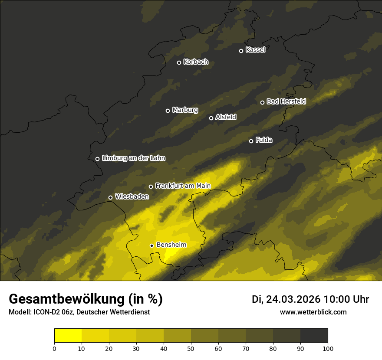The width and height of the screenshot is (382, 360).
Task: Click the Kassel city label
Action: coord(255,50)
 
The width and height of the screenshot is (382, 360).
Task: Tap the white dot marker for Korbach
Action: coord(179,62)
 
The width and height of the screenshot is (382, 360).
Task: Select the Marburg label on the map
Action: coord(185,110)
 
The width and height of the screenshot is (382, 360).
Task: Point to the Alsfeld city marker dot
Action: coord(211,118)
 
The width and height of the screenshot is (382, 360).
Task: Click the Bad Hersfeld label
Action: coord(286,101)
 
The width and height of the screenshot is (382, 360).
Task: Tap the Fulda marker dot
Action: coord(251,141)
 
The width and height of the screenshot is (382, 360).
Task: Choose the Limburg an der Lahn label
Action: coord(134,158)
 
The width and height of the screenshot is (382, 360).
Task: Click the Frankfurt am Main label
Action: coord(183,186)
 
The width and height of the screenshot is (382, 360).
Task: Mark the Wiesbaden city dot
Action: coord(110,197)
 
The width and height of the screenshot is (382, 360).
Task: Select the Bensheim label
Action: coord(171,245)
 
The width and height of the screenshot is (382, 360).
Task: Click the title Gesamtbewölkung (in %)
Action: coord(86,299)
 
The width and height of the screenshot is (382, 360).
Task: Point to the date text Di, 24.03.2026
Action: coord(286,299)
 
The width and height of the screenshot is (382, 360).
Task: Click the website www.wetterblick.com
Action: coord(313,312)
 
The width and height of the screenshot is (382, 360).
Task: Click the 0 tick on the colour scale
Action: coord(54,348)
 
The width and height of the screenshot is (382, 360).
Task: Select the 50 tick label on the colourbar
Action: coord(191,348)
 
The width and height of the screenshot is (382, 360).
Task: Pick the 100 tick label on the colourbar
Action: coord(328,348)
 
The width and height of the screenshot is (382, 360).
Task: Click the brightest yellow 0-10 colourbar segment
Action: coord(68,336)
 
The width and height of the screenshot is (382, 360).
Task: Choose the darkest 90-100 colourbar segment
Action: coord(314,336)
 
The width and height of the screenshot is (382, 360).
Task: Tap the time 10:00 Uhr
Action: coord(347,299)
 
